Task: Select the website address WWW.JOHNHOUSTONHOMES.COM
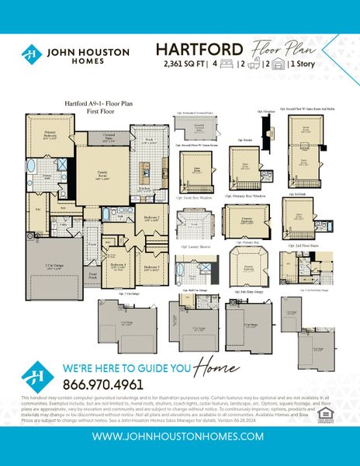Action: [x=179, y=436]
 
